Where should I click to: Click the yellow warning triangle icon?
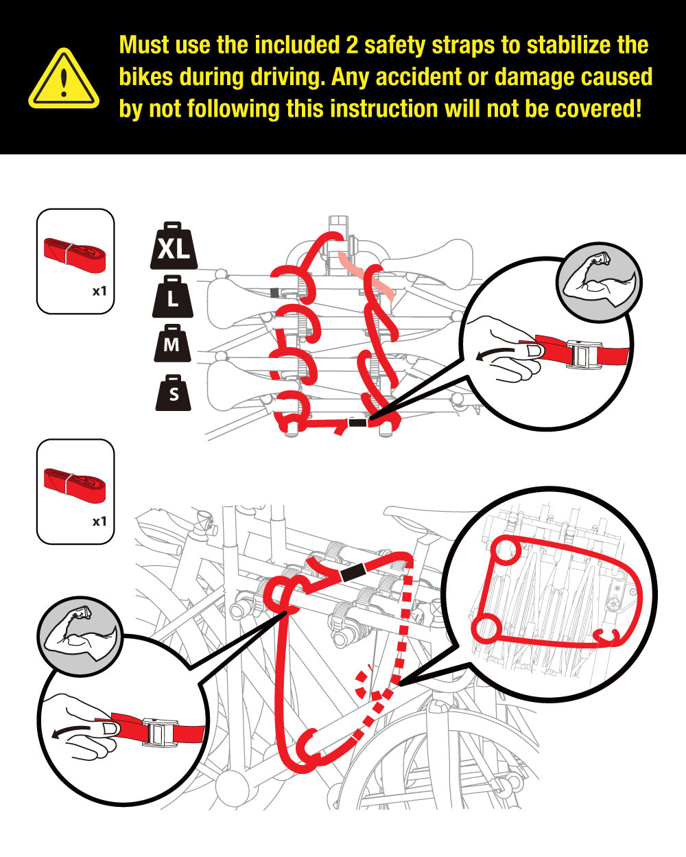pos(64,79)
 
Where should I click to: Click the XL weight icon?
pos(174,246)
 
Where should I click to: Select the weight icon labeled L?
pos(172,296)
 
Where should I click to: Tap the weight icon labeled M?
pos(172,343)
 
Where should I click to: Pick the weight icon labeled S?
pos(173,392)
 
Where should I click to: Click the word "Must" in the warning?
pos(145,45)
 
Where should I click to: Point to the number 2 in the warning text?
pos(352,45)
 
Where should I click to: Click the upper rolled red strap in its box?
pos(75,255)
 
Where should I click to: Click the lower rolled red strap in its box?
pos(75,485)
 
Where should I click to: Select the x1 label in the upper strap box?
pos(99,292)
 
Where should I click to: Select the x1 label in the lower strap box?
pos(99,521)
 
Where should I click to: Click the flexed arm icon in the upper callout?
pos(599,282)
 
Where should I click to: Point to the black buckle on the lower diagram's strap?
pos(353,572)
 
